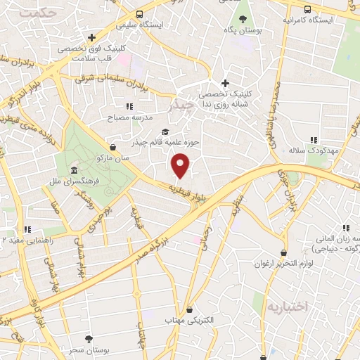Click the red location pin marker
tap(181, 165)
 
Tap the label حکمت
tap(37, 13)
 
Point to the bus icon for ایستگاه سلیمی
tap(140, 14)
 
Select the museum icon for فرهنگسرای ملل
tap(74, 171)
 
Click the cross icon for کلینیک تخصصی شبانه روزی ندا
tap(225, 83)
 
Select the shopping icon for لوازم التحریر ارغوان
tap(283, 252)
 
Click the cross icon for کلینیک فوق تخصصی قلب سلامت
tap(91, 37)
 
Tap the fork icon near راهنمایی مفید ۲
tap(28, 229)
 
